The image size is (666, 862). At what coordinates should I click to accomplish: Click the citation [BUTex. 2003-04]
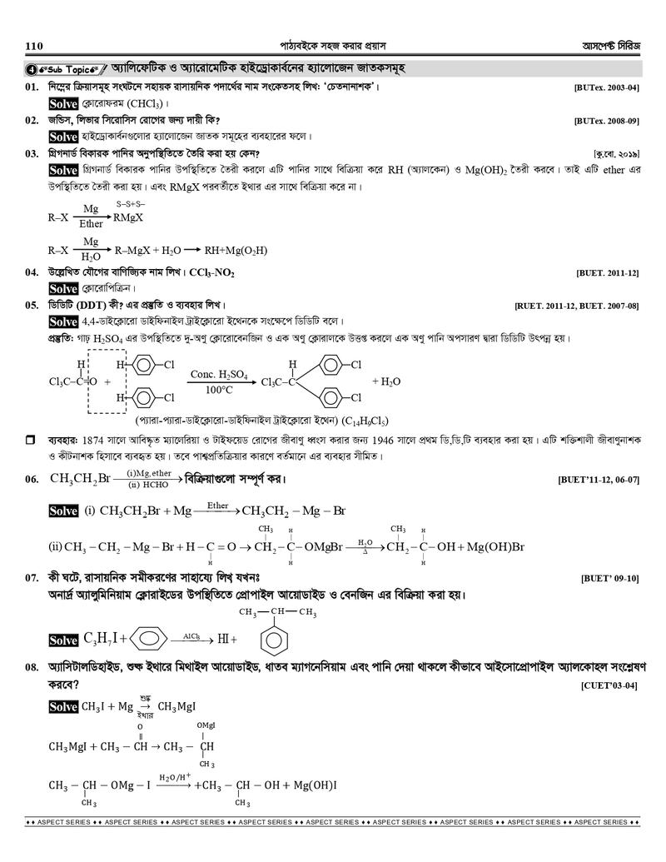pyautogui.click(x=606, y=87)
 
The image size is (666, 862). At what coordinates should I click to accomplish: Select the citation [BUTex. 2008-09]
pyautogui.click(x=606, y=121)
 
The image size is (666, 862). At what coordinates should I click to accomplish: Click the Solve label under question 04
pyautogui.click(x=63, y=288)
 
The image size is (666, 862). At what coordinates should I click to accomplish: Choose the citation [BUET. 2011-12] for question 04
pyautogui.click(x=607, y=272)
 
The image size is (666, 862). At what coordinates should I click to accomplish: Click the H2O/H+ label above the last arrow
pyautogui.click(x=176, y=777)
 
